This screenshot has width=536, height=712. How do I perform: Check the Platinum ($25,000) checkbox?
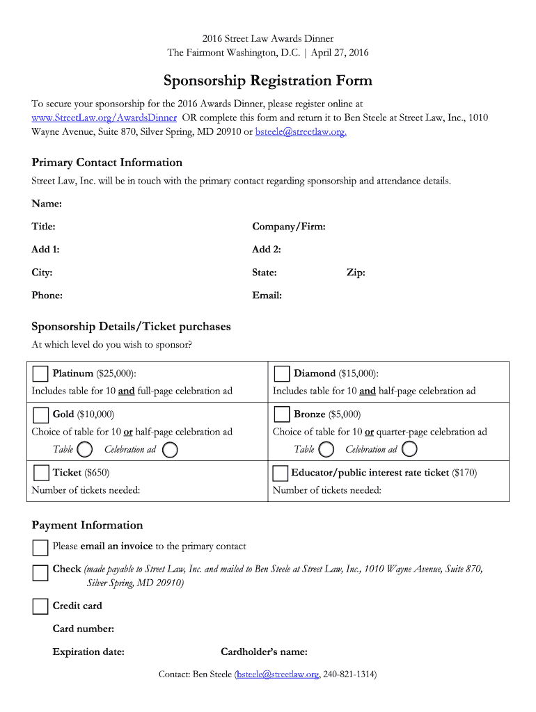click(40, 374)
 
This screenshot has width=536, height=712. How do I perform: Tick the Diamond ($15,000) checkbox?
click(281, 374)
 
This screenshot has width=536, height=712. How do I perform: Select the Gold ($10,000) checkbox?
click(40, 415)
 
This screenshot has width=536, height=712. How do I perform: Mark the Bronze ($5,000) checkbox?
click(281, 415)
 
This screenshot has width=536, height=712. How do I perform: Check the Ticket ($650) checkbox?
click(40, 474)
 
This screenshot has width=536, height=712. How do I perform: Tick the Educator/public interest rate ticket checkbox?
click(280, 474)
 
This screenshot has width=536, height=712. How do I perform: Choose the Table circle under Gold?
click(85, 449)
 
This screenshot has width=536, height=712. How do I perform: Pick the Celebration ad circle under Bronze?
click(409, 449)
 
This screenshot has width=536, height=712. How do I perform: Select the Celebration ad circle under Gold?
click(169, 449)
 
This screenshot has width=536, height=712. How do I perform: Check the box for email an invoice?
click(40, 548)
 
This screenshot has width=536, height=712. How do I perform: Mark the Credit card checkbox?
click(40, 606)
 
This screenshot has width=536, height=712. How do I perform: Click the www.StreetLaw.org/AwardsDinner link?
click(104, 118)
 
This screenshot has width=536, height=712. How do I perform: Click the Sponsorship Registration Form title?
click(268, 81)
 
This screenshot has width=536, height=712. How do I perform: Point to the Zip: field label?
click(356, 273)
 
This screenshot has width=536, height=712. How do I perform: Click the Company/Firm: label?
click(289, 227)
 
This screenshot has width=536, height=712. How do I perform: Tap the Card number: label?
click(84, 629)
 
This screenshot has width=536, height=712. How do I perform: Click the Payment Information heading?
click(87, 525)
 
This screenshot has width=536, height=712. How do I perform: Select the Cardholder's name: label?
click(264, 652)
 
